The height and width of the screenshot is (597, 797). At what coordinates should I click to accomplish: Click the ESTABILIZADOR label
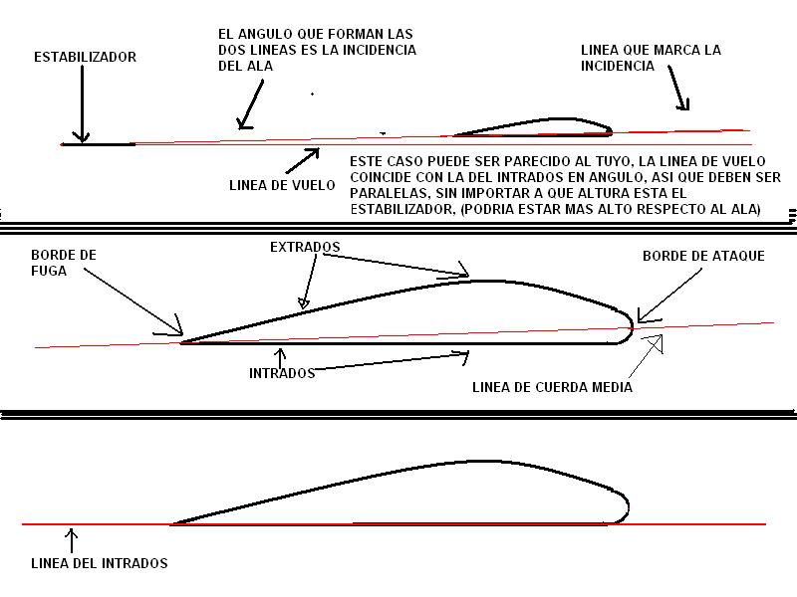point(85,57)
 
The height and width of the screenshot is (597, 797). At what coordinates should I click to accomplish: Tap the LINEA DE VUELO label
point(281,184)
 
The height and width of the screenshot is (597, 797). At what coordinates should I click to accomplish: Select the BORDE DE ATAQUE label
point(703,256)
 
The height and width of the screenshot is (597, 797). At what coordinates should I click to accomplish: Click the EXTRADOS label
point(306,246)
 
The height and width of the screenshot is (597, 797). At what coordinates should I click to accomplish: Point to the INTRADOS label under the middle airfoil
point(281,373)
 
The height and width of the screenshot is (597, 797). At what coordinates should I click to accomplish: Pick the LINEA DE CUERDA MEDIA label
point(552,387)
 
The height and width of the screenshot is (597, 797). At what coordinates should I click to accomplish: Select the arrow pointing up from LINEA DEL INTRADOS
point(71,540)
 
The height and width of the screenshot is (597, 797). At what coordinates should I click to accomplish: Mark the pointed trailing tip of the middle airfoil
point(183,342)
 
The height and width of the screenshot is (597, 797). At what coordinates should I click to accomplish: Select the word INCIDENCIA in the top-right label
point(618,66)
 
